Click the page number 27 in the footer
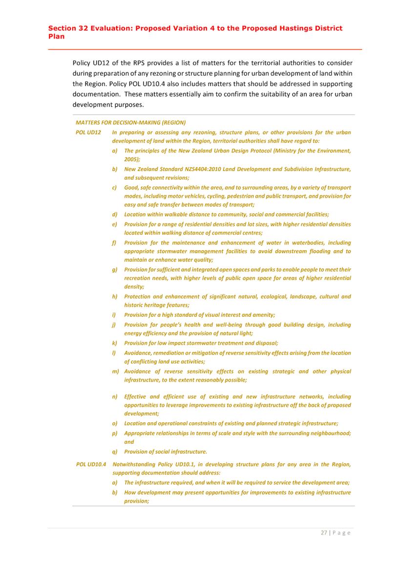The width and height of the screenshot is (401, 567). pos(323,533)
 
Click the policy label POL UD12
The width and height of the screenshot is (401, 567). pos(88,132)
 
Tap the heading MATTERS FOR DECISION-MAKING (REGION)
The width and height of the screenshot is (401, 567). pos(130,122)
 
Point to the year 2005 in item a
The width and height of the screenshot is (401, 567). pos(131,159)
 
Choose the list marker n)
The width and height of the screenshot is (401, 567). pos(115,397)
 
